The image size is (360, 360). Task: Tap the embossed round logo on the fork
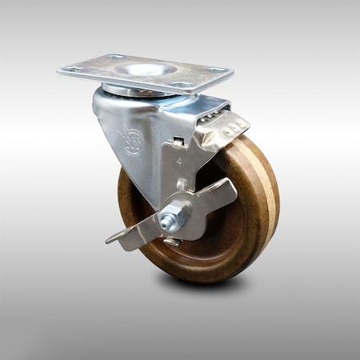pos(130,142)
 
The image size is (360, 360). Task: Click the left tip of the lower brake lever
pos(111,238)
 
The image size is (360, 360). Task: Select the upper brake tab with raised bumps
pos(227,126)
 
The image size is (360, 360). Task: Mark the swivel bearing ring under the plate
pos(136,93)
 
